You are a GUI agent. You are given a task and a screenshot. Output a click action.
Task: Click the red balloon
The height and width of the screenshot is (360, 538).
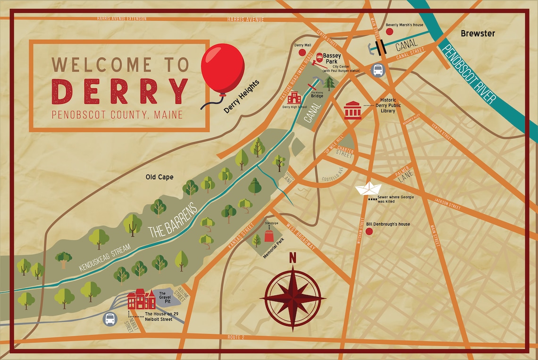coord(222,68)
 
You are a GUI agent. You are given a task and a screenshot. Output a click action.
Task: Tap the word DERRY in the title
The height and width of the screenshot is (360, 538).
coord(120,91)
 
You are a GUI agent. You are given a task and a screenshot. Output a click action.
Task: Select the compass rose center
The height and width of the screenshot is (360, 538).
coord(293,298)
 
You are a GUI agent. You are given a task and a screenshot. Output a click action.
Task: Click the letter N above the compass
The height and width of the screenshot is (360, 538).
coord(293,258)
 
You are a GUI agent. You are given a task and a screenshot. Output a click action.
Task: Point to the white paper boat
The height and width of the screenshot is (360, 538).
coord(369,189)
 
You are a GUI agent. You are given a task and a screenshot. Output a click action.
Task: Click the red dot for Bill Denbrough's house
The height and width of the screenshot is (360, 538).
coord(369,231)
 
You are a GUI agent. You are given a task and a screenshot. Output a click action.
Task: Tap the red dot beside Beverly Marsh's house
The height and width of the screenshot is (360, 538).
coord(389,32)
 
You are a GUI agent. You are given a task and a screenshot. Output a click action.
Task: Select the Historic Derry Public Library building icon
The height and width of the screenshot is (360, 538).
coord(353,110)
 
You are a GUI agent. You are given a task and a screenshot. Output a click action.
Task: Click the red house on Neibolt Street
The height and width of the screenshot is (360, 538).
coord(141,299)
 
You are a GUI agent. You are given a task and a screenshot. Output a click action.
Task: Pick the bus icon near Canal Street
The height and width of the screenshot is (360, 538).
coord(378,70)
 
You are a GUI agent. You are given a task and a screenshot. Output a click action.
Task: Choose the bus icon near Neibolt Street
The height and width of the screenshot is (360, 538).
coord(109,319)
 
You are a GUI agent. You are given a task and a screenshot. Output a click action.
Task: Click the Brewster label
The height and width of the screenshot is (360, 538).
coord(478,33)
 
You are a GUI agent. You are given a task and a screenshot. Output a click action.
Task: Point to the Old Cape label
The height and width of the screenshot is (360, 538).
coord(159,177)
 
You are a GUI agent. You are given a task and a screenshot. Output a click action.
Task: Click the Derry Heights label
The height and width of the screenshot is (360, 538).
coord(242,97)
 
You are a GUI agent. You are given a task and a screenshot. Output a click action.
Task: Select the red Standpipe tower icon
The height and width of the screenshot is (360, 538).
coord(269,235)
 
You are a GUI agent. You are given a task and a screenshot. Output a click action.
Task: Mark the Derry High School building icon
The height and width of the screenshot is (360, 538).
coord(294,98)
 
